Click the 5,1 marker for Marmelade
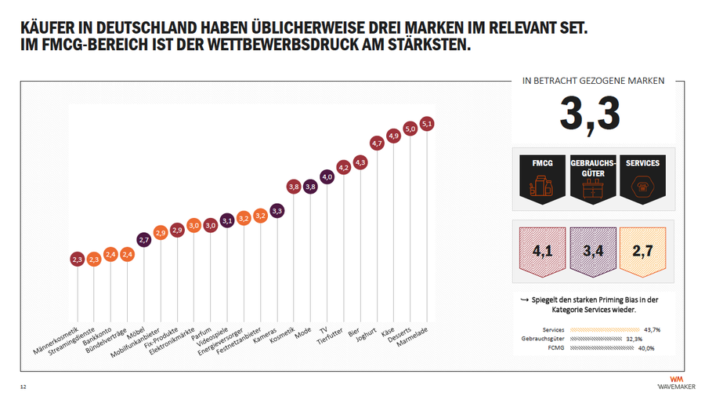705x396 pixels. click(427, 124)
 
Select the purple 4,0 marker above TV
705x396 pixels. click(327, 177)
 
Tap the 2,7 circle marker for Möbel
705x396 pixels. click(144, 240)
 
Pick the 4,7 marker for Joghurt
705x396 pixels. click(377, 144)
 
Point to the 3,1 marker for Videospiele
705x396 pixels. click(227, 220)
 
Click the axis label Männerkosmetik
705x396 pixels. click(56, 340)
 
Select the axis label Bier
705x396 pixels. click(354, 332)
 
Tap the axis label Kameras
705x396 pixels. click(265, 336)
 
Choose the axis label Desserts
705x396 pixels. click(399, 336)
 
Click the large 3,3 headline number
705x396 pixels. click(590, 114)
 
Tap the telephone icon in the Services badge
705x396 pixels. click(642, 187)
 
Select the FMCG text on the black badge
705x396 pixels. click(542, 163)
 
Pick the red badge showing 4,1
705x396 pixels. click(542, 252)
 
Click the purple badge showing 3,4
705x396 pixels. click(593, 252)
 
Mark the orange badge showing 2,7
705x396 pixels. click(642, 252)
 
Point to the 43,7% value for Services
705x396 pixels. click(652, 330)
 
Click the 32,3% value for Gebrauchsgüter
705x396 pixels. click(634, 339)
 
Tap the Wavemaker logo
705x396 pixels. click(676, 383)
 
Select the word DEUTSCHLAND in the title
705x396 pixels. click(146, 28)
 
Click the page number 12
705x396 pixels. click(23, 387)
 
